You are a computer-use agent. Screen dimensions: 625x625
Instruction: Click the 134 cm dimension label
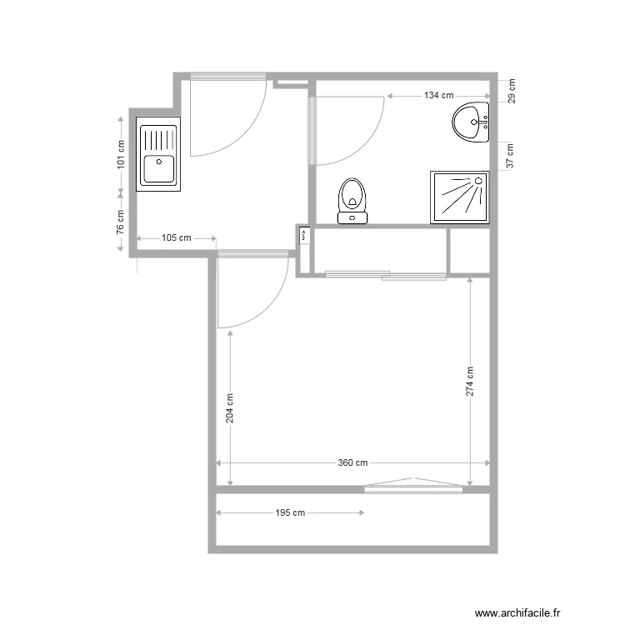438,96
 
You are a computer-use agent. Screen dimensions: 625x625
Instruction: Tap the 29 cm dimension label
511,90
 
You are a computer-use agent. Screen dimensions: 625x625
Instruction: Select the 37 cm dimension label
511,155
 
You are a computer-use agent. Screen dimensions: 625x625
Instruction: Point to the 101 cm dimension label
122,153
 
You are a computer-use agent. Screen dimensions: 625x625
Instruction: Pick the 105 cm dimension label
175,238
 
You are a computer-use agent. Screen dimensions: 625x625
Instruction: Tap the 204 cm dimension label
229,408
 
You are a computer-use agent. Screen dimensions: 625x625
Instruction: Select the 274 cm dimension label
470,382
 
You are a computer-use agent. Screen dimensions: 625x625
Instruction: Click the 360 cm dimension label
352,463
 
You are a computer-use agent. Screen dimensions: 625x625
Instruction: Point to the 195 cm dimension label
289,513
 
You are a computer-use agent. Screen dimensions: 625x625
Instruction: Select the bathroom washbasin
472,123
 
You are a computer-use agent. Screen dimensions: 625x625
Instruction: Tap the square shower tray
459,197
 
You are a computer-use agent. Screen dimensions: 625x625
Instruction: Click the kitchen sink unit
158,156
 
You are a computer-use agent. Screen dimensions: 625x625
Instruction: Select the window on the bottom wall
413,487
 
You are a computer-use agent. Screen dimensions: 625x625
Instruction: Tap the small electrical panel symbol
304,237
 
